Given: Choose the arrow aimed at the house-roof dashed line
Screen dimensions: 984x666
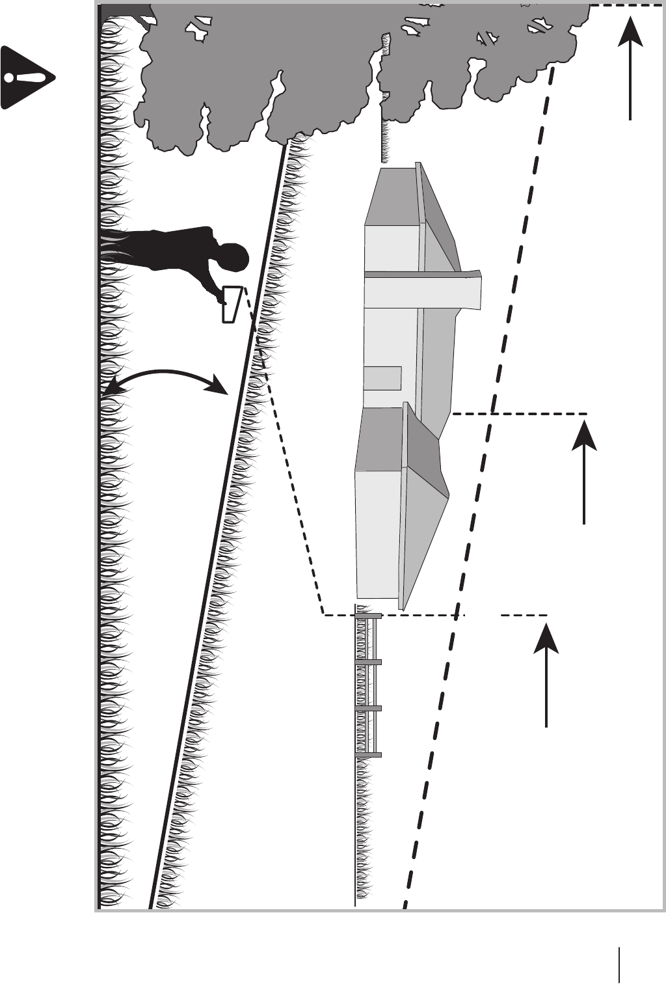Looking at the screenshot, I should (584, 472).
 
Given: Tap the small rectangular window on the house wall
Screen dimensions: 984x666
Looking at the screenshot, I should (382, 378).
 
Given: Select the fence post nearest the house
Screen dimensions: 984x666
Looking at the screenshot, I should (368, 616).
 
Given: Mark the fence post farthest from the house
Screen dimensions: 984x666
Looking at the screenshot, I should (368, 755).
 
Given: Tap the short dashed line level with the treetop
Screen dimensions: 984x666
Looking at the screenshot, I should (624, 5).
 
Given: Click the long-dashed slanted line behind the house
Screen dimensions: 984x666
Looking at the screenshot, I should (481, 456).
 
